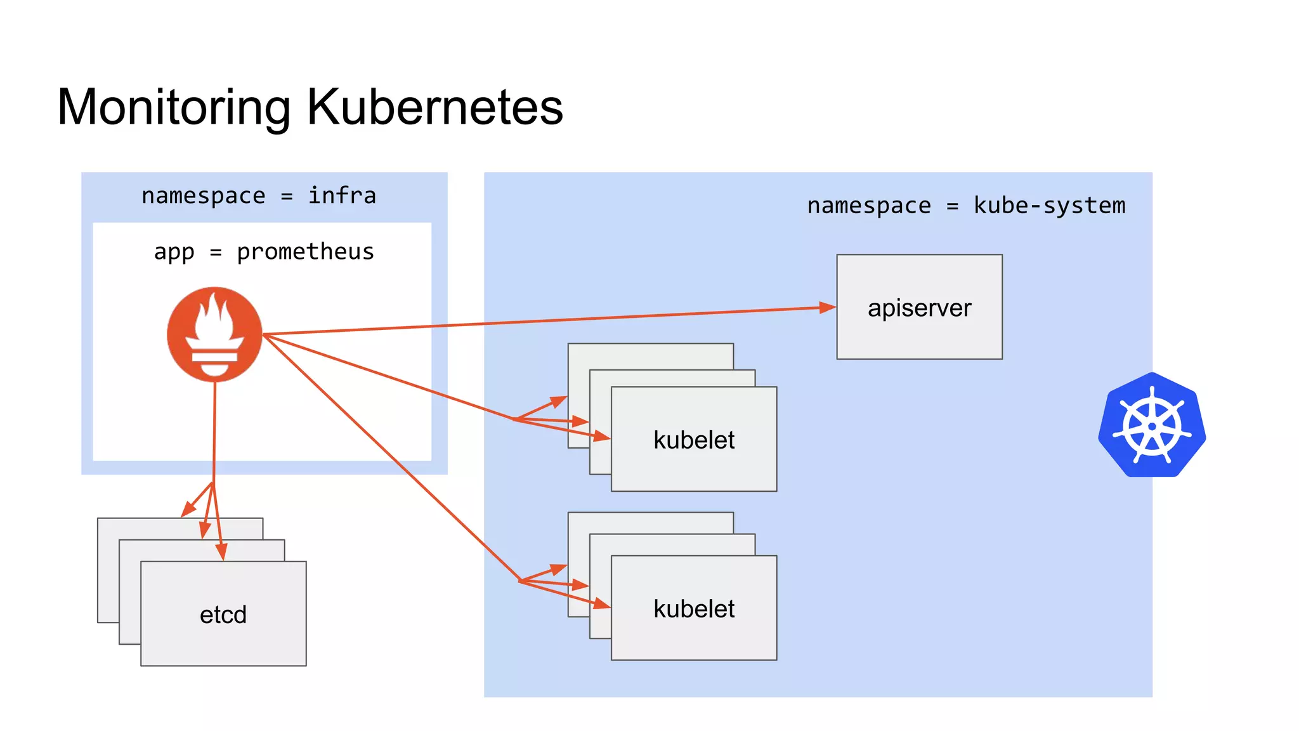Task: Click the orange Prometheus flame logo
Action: pos(214,334)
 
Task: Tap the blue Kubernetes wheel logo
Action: pos(1152,425)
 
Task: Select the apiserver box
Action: pos(919,307)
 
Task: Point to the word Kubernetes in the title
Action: pos(435,107)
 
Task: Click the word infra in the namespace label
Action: pos(342,195)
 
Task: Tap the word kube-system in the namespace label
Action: pos(1049,206)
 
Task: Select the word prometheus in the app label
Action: pos(305,252)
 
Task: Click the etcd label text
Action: pos(223,614)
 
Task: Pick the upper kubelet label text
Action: pos(694,440)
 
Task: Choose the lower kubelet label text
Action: pos(694,609)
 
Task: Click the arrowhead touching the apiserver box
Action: pos(828,308)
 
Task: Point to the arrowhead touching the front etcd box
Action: pos(222,553)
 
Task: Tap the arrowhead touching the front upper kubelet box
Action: pos(602,437)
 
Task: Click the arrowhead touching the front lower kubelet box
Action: pos(601,604)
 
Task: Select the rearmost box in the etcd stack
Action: pos(108,571)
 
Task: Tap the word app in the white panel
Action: pos(174,252)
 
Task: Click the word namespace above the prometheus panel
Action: pos(203,195)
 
